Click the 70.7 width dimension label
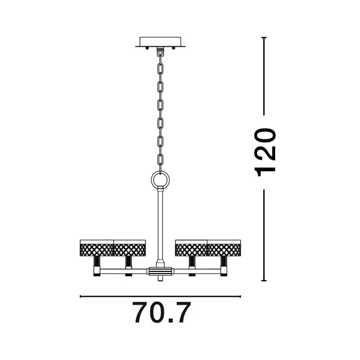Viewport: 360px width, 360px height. pyautogui.click(x=161, y=313)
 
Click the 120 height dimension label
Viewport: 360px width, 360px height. pyautogui.click(x=265, y=152)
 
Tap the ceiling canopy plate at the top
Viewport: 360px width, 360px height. pyautogui.click(x=160, y=42)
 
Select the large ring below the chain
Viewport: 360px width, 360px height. pyautogui.click(x=160, y=179)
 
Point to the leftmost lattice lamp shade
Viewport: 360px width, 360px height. pyautogui.click(x=97, y=248)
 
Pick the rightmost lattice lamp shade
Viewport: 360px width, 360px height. pyautogui.click(x=224, y=248)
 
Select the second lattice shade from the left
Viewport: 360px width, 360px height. pyautogui.click(x=130, y=248)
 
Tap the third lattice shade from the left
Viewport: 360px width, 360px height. pyautogui.click(x=191, y=248)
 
